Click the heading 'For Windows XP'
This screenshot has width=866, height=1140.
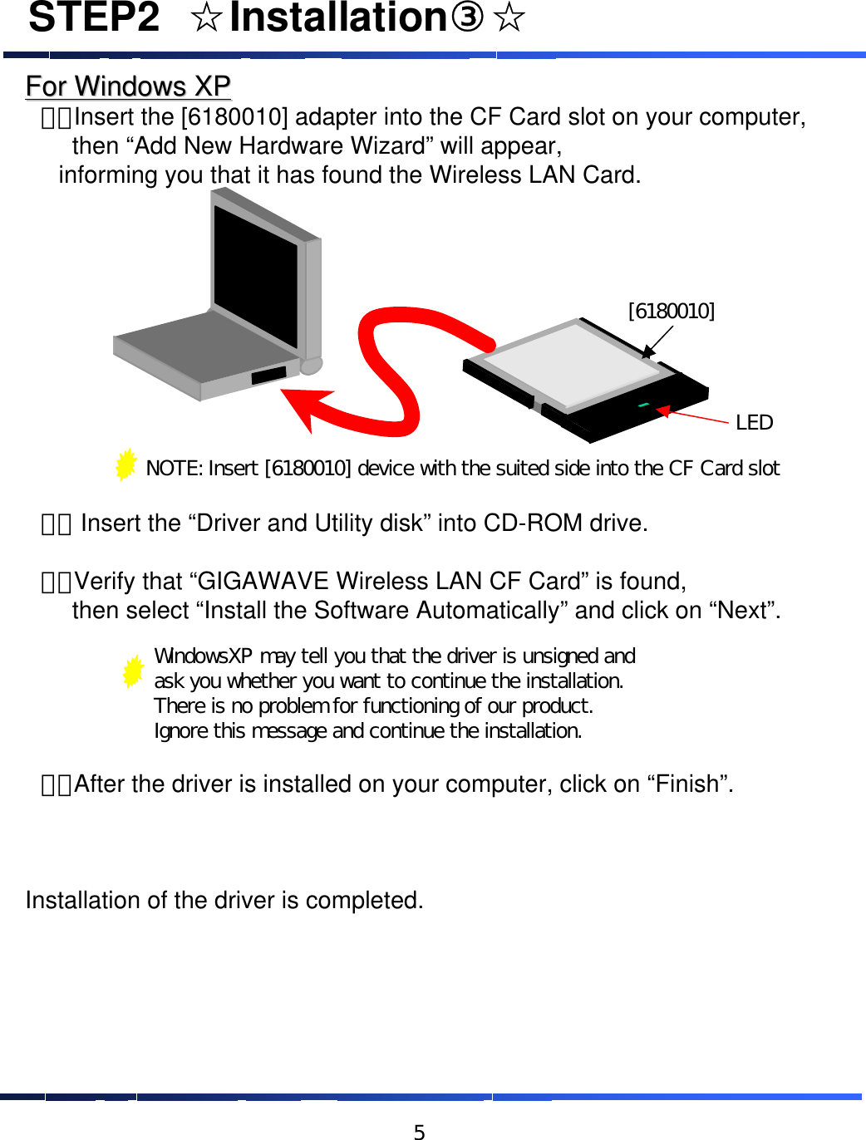tap(128, 86)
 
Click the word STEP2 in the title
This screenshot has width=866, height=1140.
tap(94, 18)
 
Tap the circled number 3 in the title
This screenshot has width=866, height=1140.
tap(466, 17)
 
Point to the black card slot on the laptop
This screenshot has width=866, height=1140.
tap(268, 375)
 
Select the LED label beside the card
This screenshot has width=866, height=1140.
tap(754, 423)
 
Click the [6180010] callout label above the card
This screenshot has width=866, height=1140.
tap(671, 311)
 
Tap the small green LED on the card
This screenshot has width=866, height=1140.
tap(643, 405)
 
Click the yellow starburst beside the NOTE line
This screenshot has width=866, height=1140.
tap(125, 464)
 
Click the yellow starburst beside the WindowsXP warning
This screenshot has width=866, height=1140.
tap(133, 671)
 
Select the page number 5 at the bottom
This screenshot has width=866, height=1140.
tap(420, 1131)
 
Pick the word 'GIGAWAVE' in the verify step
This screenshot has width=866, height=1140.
tap(263, 581)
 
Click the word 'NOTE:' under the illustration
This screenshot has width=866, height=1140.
tap(174, 469)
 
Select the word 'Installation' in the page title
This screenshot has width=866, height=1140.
tap(338, 18)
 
